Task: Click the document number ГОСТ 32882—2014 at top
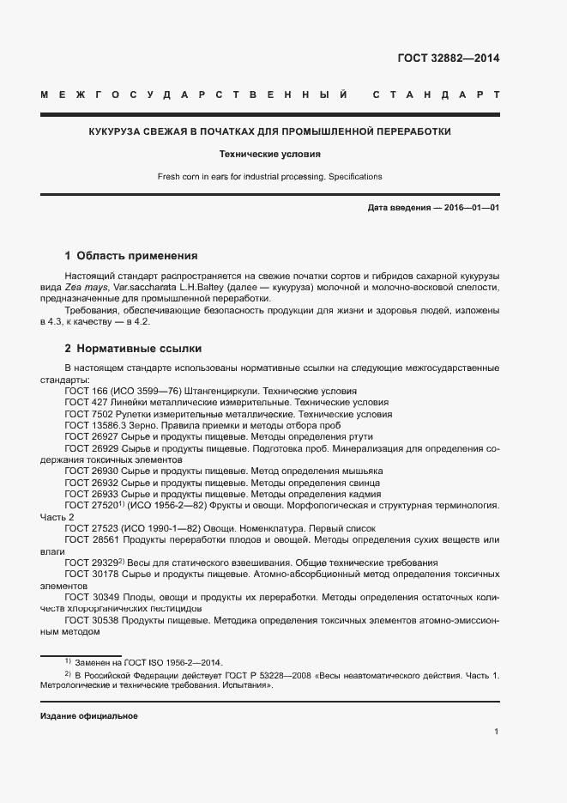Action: click(x=448, y=59)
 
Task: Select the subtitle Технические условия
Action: click(x=269, y=155)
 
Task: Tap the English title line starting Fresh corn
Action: click(x=269, y=177)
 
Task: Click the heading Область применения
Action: click(x=137, y=255)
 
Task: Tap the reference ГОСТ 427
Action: click(x=84, y=402)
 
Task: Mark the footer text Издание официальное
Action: click(x=89, y=715)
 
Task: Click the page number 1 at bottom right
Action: click(x=497, y=731)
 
